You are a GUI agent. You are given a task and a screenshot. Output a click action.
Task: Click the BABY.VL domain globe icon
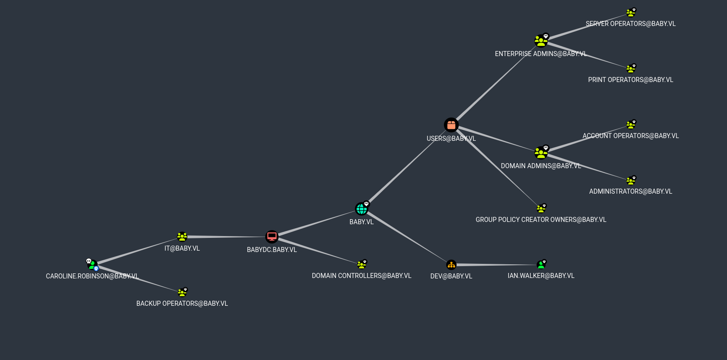tap(361, 209)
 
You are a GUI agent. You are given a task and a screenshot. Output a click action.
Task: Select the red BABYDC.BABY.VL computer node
tap(272, 237)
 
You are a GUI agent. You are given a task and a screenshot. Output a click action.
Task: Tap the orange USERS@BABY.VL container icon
tap(451, 125)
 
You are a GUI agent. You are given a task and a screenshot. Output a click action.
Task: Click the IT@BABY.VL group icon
tap(182, 237)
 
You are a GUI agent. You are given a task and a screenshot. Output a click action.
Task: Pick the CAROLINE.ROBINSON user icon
tap(92, 264)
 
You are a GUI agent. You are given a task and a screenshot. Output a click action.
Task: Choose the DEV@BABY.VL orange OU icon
tap(451, 265)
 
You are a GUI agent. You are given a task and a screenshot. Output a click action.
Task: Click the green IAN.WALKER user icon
tap(541, 265)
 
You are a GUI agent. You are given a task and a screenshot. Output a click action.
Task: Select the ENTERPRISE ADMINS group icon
tap(541, 41)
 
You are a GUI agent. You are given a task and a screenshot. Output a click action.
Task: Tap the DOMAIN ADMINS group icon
tap(541, 153)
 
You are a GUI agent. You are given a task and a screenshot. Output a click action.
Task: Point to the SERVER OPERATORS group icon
tap(630, 13)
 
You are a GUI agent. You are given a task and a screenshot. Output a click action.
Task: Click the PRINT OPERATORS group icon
tap(630, 69)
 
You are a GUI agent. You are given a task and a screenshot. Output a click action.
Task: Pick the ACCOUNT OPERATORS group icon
tap(630, 125)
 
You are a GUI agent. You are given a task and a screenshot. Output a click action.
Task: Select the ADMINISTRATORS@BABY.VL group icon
tap(630, 181)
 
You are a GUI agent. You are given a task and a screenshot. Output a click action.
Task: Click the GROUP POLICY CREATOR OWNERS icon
tap(541, 209)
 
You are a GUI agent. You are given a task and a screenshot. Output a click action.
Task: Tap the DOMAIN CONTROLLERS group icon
tap(361, 265)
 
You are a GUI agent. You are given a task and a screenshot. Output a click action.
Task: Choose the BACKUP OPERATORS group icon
tap(182, 293)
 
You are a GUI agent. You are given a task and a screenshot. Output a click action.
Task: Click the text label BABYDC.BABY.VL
tap(272, 250)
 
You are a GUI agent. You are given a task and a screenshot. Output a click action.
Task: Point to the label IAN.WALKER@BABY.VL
tap(541, 276)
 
